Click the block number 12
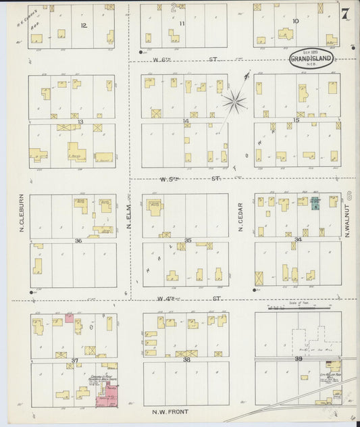coord(83,25)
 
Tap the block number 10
coord(296,22)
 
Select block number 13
coord(80,122)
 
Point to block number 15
coord(296,120)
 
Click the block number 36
coord(78,241)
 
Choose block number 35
coord(188,240)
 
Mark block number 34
coord(297,239)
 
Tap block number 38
coord(187,359)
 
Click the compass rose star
coord(236,102)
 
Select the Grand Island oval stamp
coord(310,59)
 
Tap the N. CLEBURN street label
coord(20,215)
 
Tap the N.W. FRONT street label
coord(171,411)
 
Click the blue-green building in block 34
coord(315,204)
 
